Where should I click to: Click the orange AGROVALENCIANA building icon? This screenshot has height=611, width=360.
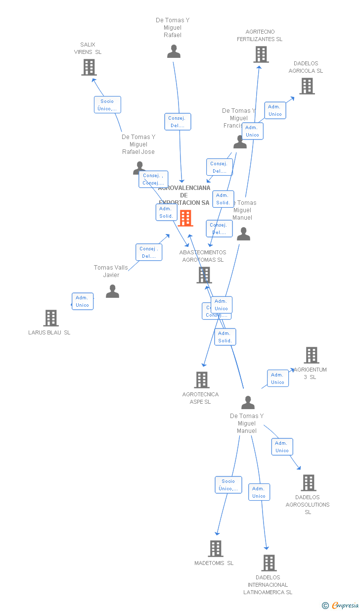tap(185, 218)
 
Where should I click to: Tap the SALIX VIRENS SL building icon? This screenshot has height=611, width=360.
tap(89, 67)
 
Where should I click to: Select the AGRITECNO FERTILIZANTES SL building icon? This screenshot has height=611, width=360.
tap(261, 54)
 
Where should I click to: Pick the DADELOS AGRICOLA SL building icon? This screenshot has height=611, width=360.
tap(307, 86)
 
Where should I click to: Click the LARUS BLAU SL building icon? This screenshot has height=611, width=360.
tap(51, 318)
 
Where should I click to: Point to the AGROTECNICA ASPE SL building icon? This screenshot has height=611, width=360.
tap(202, 380)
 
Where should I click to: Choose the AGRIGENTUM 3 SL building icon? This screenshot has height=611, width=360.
tap(312, 355)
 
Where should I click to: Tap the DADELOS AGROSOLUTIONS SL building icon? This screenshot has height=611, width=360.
tap(309, 483)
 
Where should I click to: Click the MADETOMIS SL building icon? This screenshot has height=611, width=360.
tap(216, 549)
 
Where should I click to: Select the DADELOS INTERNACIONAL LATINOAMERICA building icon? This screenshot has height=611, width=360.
tap(269, 563)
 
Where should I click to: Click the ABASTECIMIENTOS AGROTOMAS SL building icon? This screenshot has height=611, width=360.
tap(204, 275)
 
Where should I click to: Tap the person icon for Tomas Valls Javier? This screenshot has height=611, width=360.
tap(113, 291)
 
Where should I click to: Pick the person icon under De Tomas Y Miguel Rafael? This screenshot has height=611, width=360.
tap(174, 51)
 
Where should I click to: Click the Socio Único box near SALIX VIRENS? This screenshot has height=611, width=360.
tap(107, 105)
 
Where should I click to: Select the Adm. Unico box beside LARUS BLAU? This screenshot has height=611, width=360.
tap(83, 301)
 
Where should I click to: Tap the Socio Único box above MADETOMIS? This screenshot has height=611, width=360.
tap(228, 485)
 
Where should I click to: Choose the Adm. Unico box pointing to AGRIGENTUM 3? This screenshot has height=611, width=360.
tap(278, 378)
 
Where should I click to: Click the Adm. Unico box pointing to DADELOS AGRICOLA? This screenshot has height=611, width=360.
tap(275, 110)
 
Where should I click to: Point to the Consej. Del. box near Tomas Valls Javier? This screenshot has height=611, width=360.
tap(149, 252)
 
